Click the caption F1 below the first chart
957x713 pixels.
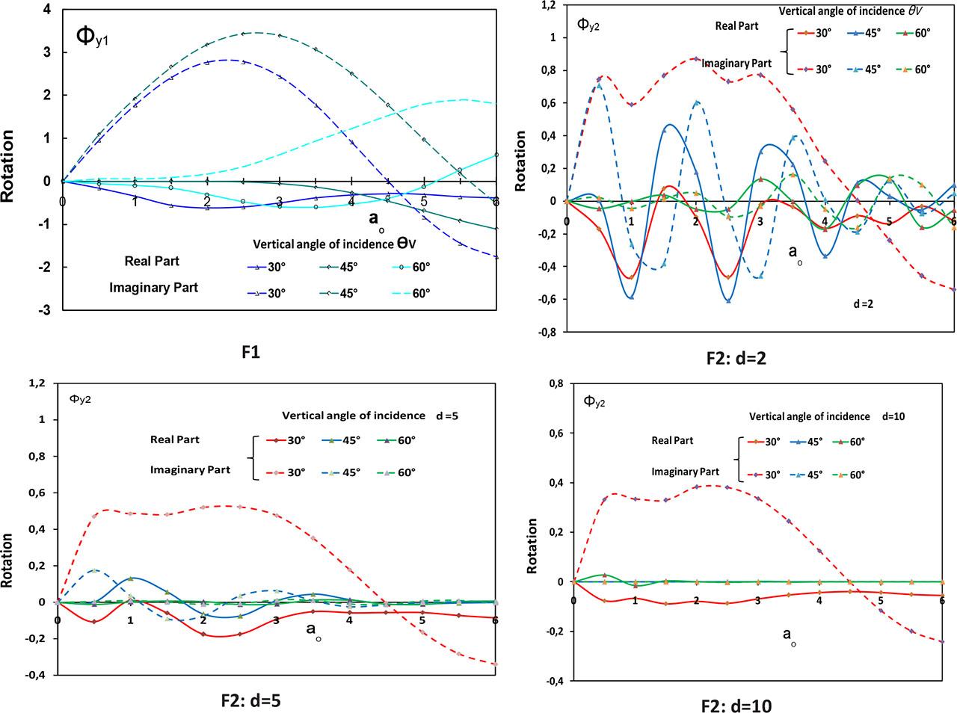(251, 353)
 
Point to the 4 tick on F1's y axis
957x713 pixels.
(48, 10)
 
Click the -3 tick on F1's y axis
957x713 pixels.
(46, 310)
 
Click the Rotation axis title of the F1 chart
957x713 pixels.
(9, 166)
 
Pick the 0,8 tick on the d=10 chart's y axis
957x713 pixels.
(556, 383)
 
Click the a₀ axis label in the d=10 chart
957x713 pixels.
(789, 636)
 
